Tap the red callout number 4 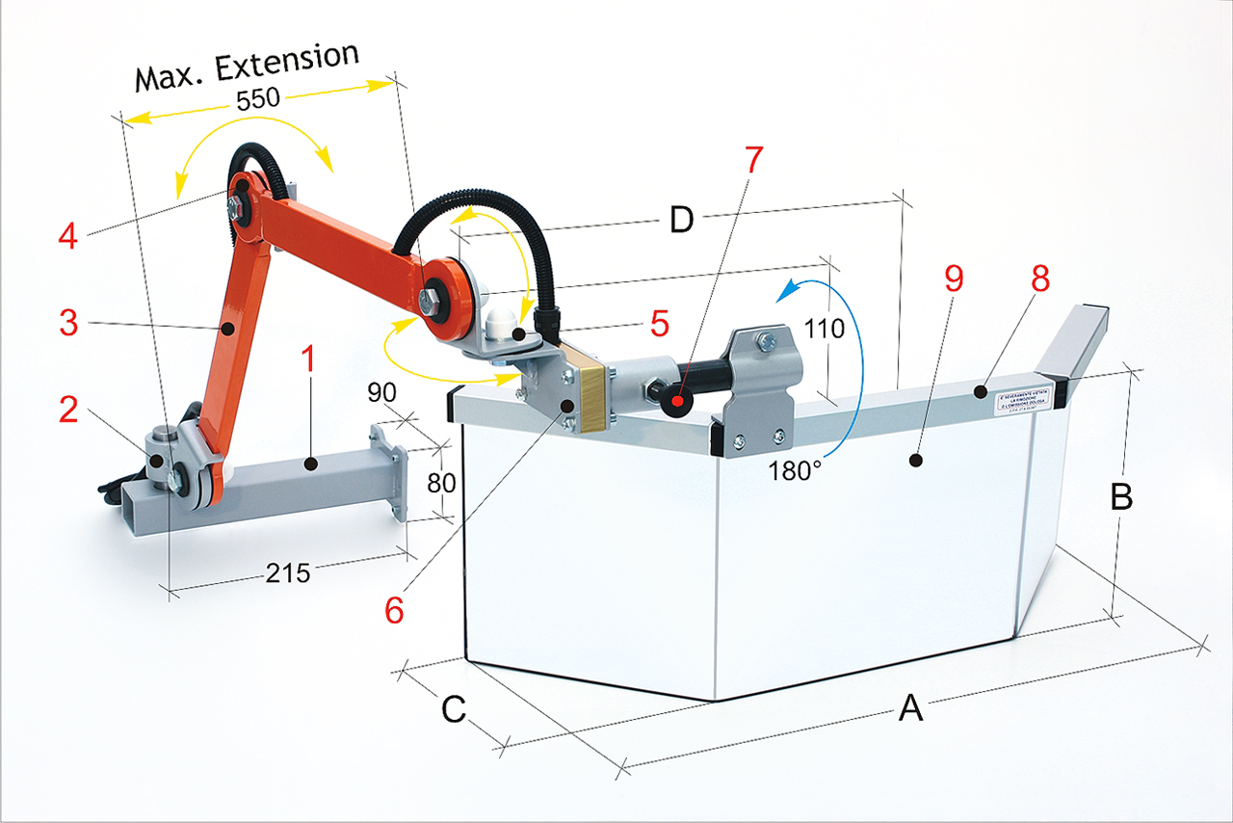pos(66,237)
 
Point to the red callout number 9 pos(954,279)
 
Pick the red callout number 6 pos(394,610)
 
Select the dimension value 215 pos(288,573)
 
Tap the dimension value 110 pos(826,329)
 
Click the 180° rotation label pos(795,471)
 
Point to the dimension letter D pos(681,221)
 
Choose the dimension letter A pos(910,710)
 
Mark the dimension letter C pos(454,710)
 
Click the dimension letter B pos(1122,497)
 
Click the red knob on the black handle pos(678,400)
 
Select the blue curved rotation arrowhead pos(792,287)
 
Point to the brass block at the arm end pos(587,395)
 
